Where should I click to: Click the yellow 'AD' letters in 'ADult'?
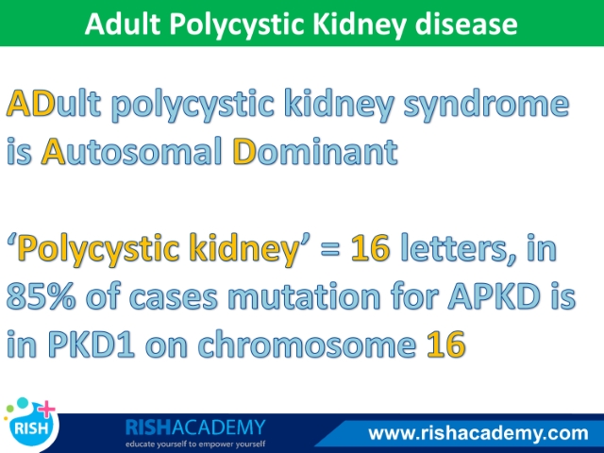pyautogui.click(x=31, y=103)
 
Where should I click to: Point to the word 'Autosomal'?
pyautogui.click(x=131, y=151)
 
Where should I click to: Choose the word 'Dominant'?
pyautogui.click(x=315, y=151)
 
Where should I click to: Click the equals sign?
pyautogui.click(x=329, y=249)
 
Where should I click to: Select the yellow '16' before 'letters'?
pyautogui.click(x=370, y=248)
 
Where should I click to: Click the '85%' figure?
pyautogui.click(x=41, y=296)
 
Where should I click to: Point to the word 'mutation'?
pyautogui.click(x=304, y=295)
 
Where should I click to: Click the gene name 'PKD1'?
pyautogui.click(x=92, y=344)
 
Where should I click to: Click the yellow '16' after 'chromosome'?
pyautogui.click(x=445, y=344)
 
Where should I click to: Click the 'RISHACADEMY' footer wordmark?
pyautogui.click(x=195, y=428)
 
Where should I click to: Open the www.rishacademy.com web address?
pyautogui.click(x=478, y=434)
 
